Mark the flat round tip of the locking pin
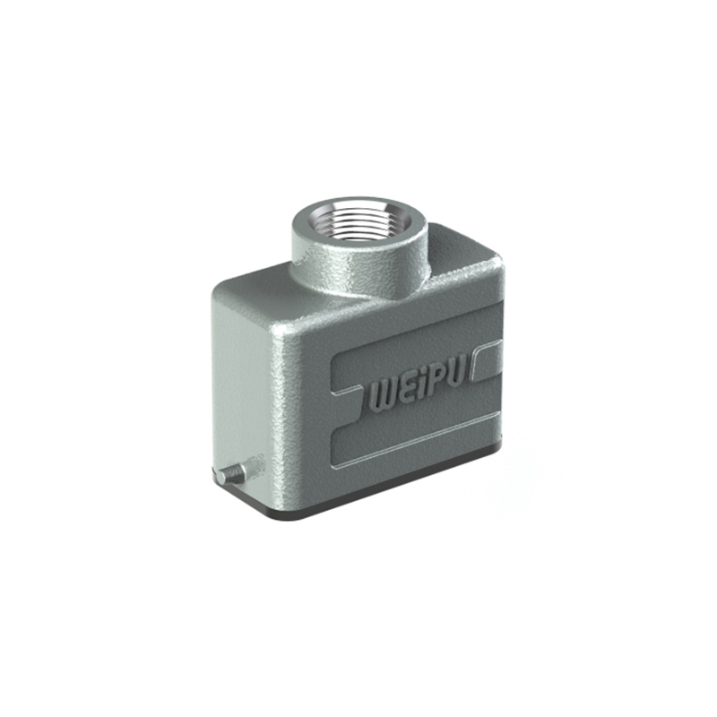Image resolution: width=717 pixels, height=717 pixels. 221,478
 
